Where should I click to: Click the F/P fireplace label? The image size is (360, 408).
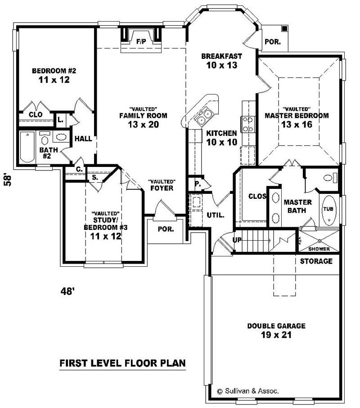click(x=141, y=41)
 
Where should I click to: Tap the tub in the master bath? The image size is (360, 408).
click(x=329, y=210)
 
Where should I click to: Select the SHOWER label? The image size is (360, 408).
click(x=319, y=249)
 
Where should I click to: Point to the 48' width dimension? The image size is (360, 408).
click(x=67, y=291)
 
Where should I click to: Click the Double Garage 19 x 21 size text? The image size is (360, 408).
click(x=276, y=335)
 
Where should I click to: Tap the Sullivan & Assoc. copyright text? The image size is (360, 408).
click(x=248, y=391)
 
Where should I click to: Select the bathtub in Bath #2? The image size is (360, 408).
click(x=27, y=147)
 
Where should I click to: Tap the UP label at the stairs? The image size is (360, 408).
click(x=237, y=239)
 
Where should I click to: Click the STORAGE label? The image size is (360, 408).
click(x=316, y=261)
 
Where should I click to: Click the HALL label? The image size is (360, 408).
click(x=83, y=139)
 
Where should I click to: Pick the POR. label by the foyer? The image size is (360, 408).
click(x=165, y=229)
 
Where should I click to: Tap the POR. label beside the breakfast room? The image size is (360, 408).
click(x=273, y=42)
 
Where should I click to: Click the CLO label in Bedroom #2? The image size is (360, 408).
click(x=36, y=115)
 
